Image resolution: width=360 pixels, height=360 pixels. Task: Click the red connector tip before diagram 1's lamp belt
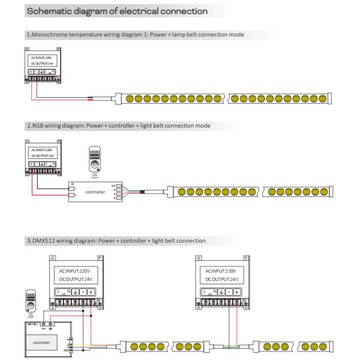91,97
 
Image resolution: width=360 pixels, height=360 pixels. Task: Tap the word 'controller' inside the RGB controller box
96,193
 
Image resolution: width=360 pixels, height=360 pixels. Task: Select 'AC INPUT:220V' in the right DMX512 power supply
222,271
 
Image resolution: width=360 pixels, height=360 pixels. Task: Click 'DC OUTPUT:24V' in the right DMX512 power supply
222,279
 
